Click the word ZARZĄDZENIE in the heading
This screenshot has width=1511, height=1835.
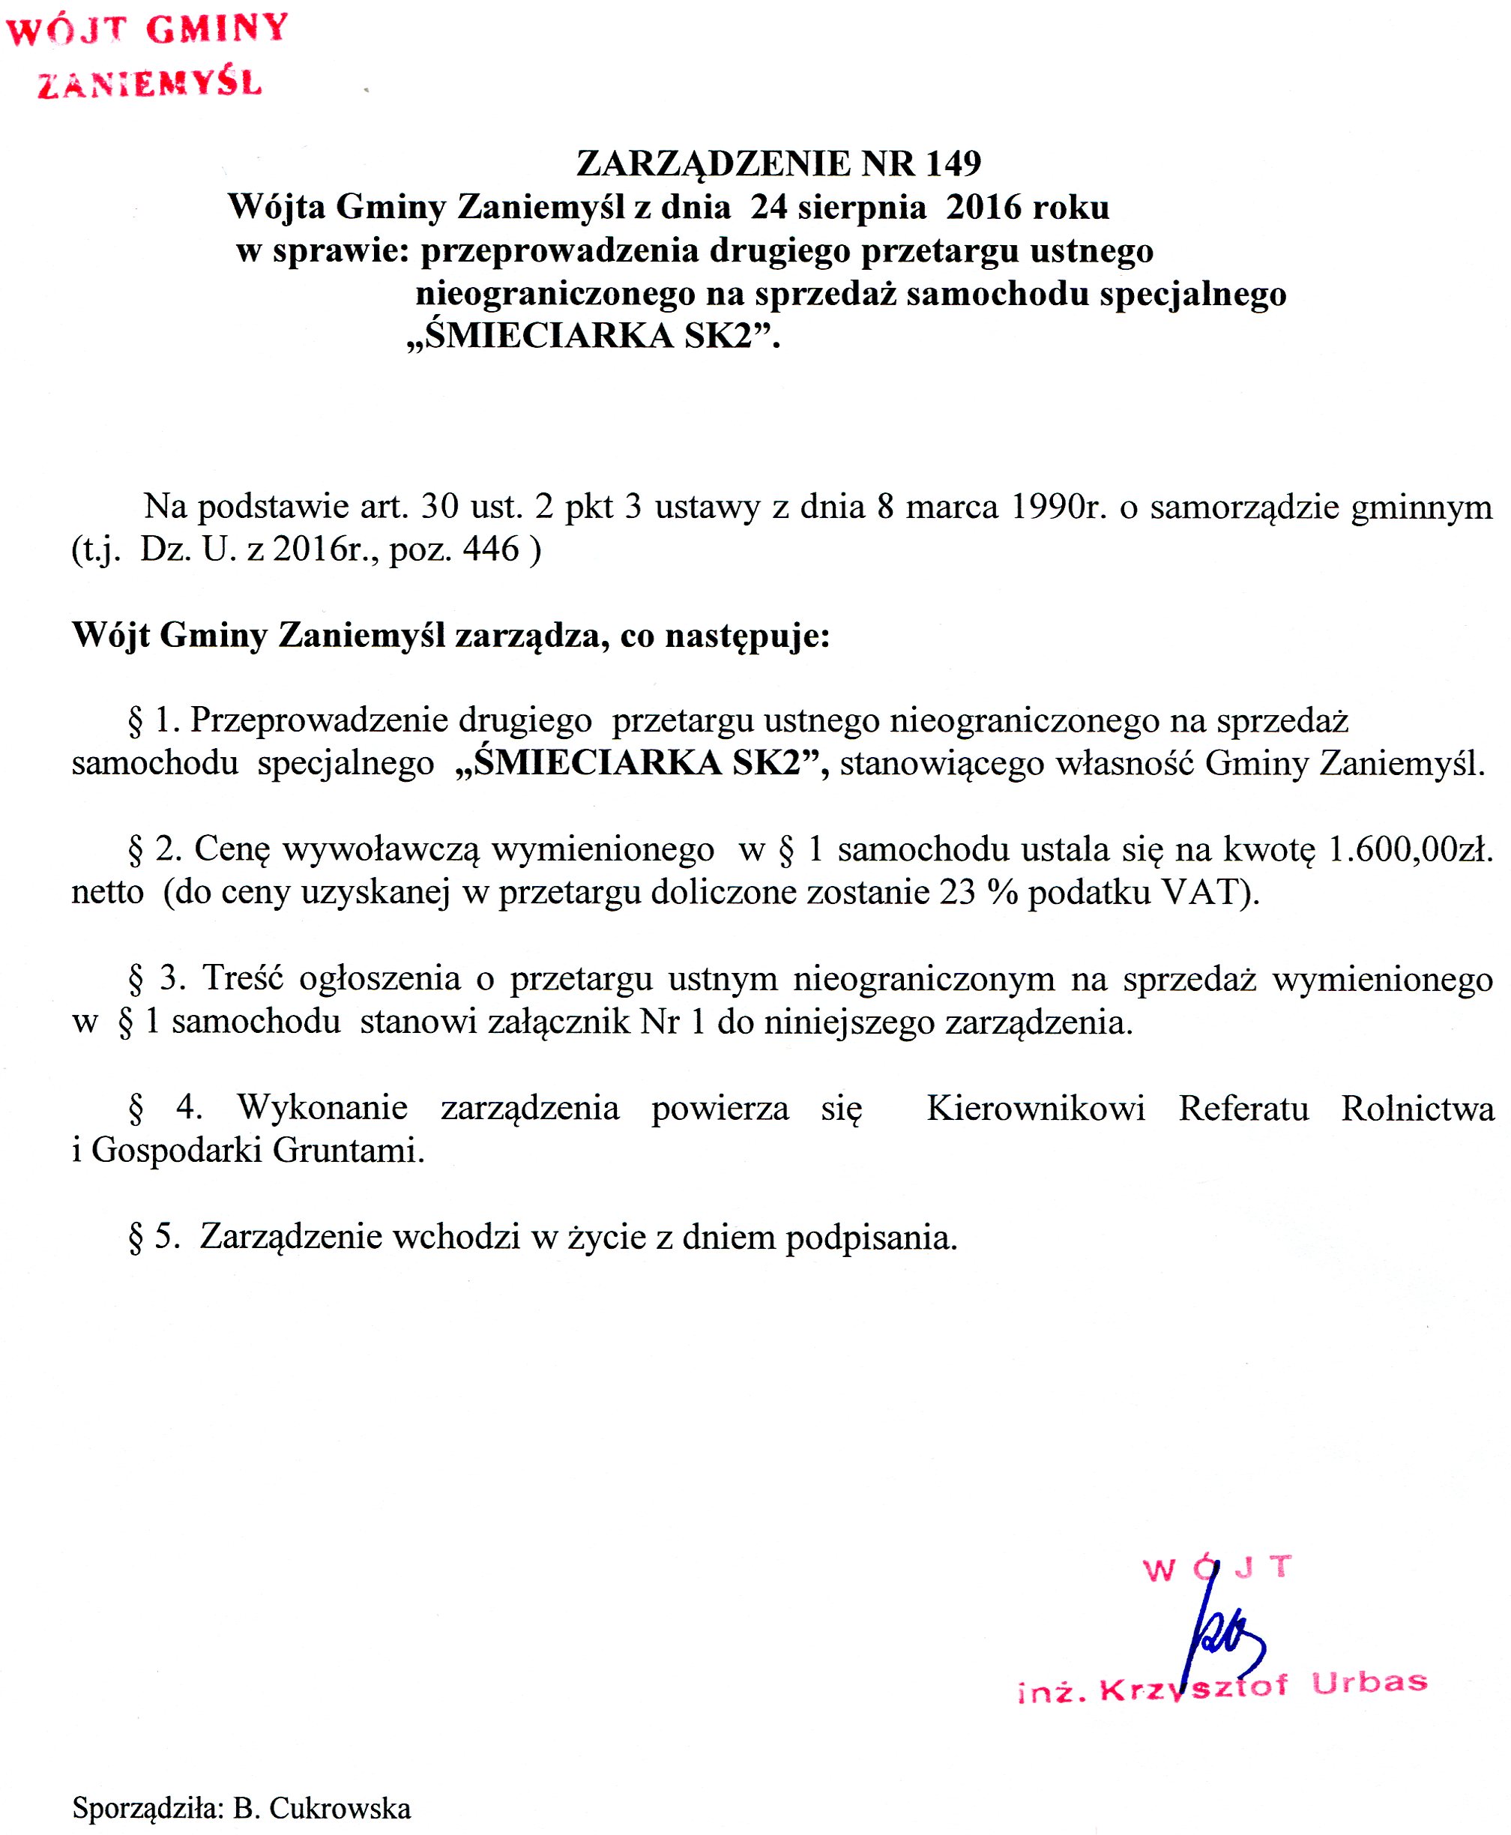tap(714, 163)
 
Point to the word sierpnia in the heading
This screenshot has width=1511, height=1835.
tap(863, 207)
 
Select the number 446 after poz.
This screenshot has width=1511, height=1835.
tap(491, 549)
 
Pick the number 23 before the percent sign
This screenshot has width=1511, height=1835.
tap(956, 892)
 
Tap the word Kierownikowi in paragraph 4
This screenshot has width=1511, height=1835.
tap(1035, 1108)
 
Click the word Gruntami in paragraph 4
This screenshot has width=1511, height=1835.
tap(349, 1151)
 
